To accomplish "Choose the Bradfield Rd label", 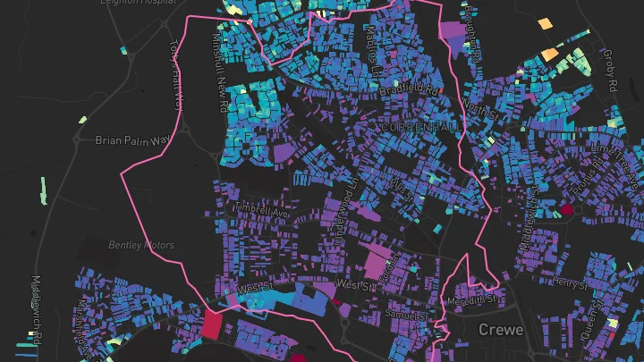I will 410,91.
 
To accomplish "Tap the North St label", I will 479,110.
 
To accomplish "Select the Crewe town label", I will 501,329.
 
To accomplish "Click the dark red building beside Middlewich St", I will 565,211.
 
